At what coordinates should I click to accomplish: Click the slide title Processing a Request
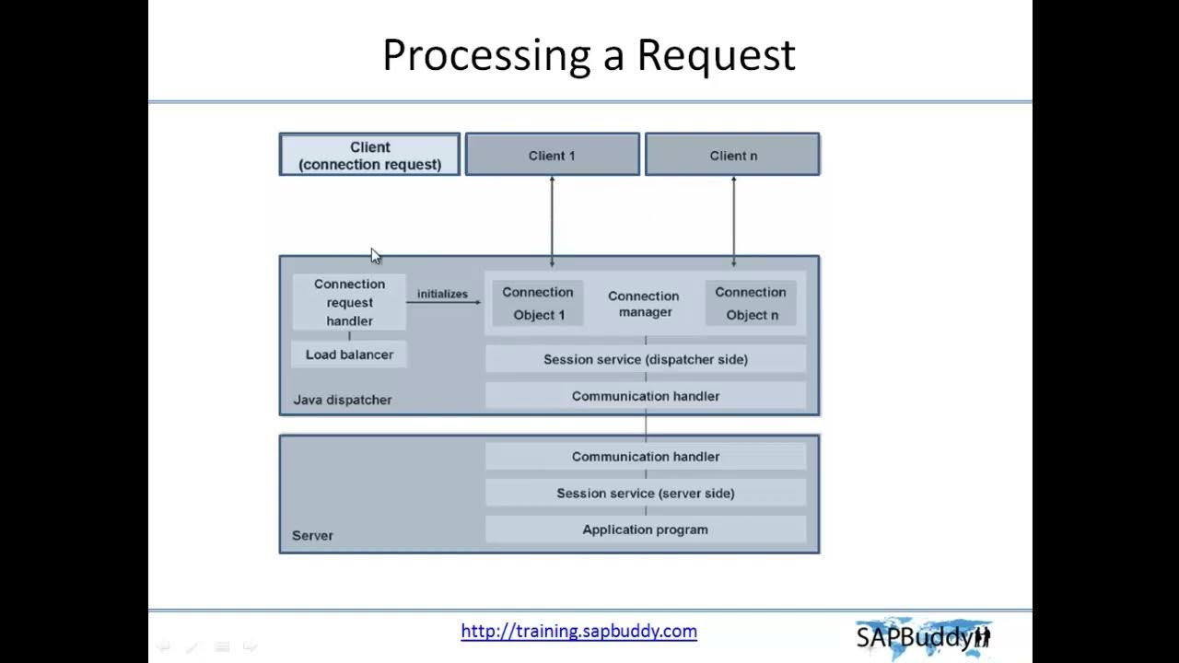(589, 55)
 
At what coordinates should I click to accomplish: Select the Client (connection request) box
(369, 155)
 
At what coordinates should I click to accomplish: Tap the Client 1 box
(552, 155)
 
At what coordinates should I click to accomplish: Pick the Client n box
(732, 155)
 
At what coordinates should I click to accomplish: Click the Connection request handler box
(349, 302)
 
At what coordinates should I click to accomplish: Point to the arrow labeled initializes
(443, 301)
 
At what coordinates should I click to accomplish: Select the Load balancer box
(349, 355)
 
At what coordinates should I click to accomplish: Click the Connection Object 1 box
(538, 303)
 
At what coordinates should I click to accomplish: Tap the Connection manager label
(644, 304)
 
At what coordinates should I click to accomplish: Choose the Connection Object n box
(751, 303)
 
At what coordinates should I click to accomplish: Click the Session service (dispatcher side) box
(645, 359)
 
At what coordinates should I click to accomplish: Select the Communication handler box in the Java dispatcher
(645, 396)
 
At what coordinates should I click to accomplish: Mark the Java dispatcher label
(342, 400)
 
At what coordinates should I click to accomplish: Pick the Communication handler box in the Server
(645, 457)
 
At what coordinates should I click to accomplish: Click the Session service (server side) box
(645, 494)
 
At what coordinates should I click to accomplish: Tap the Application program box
(645, 529)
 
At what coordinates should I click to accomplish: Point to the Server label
(312, 535)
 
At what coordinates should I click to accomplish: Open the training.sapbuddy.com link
(578, 631)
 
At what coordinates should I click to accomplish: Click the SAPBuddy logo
(923, 635)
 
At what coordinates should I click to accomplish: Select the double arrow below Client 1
(552, 221)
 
